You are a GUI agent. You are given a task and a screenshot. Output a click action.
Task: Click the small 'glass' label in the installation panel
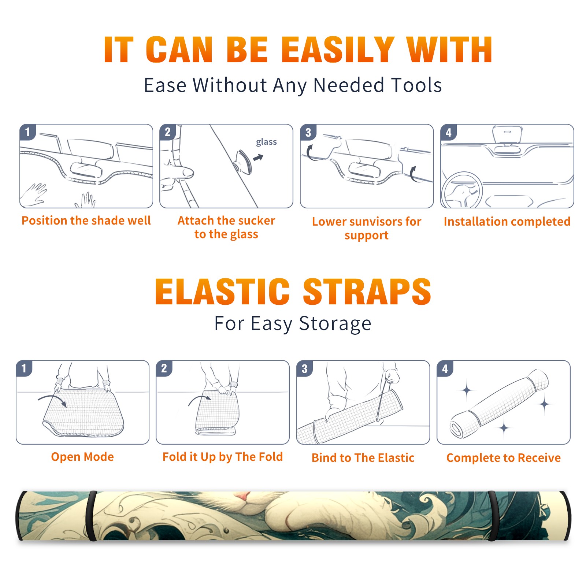click(266, 142)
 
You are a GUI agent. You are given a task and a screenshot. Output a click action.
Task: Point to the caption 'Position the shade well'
click(86, 220)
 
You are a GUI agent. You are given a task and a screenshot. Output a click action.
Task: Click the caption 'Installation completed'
click(507, 222)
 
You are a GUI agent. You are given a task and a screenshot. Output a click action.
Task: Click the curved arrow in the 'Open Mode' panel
click(52, 400)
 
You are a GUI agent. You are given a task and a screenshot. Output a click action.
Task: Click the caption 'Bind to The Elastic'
click(363, 458)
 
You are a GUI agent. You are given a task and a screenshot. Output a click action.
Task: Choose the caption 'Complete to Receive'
click(504, 458)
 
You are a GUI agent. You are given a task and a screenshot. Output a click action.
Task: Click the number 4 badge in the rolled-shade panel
click(445, 368)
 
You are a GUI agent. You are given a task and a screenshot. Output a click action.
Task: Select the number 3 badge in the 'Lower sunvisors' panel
click(308, 132)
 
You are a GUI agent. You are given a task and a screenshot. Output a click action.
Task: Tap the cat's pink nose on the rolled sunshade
click(242, 496)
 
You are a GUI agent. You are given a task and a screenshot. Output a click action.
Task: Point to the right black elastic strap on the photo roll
click(493, 516)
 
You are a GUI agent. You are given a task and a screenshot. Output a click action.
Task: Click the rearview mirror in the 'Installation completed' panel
click(507, 135)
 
